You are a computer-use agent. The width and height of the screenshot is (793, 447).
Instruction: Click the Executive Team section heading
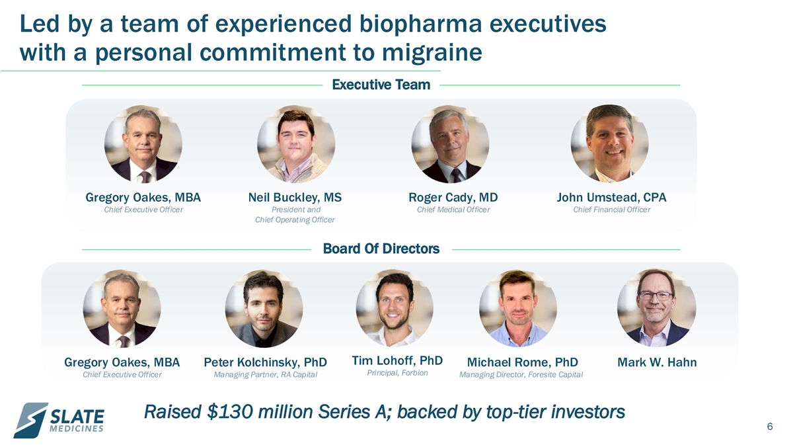(x=381, y=85)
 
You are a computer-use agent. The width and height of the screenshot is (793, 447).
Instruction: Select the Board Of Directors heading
(x=381, y=249)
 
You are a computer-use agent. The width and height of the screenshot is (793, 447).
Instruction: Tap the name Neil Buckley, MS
(x=295, y=197)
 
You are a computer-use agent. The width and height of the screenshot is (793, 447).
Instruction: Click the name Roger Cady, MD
(x=453, y=197)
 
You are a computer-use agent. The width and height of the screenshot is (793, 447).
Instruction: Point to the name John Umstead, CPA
(x=611, y=197)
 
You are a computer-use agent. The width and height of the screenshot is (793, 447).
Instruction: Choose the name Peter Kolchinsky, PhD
(x=265, y=362)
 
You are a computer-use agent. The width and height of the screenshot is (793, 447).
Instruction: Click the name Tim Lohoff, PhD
(x=397, y=360)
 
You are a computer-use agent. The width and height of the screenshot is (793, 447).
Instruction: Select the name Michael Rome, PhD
(x=523, y=362)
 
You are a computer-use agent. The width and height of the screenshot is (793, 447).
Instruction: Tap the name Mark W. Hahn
(x=657, y=362)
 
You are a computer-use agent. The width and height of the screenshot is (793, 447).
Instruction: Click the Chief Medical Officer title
(x=453, y=210)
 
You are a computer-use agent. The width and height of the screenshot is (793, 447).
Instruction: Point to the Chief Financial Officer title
(x=612, y=210)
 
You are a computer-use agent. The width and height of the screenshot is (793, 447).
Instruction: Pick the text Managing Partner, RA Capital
(x=265, y=375)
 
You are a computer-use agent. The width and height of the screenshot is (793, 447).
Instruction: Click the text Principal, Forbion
(x=397, y=373)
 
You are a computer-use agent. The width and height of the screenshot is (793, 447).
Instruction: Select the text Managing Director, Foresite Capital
(x=521, y=375)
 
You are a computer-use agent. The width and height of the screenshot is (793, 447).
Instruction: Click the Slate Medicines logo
(x=59, y=420)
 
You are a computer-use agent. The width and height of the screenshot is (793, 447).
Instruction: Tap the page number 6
(x=770, y=427)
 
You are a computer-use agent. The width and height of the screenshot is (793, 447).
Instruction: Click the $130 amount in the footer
(x=230, y=412)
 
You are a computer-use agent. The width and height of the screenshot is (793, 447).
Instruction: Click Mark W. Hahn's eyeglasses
(x=656, y=296)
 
